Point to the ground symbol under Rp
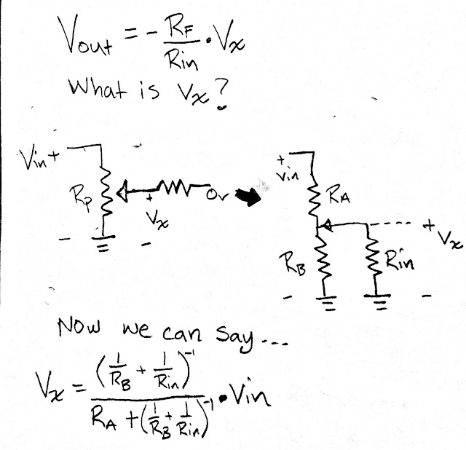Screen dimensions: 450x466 (x=103, y=247)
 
